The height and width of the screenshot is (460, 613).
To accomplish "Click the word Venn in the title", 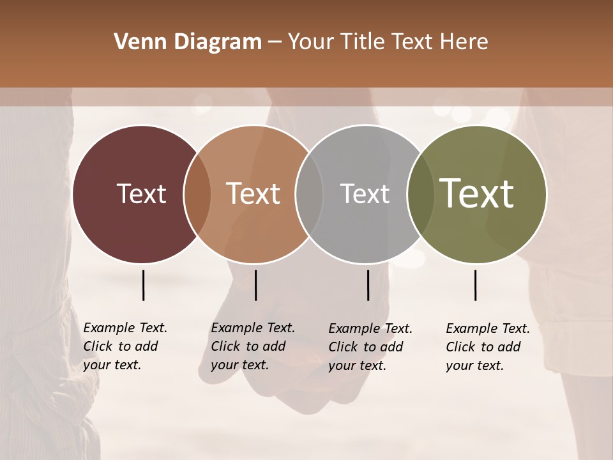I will tap(134, 42).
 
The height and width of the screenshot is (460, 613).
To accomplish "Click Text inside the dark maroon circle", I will tap(141, 194).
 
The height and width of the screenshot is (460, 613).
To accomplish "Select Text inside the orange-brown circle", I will tap(253, 194).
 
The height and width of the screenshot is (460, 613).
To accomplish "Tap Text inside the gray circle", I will tap(365, 194).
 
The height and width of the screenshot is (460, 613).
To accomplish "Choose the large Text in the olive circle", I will tap(476, 194).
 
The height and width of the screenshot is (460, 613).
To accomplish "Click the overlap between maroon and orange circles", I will tap(197, 194).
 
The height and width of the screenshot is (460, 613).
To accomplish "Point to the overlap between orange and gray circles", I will tap(309, 194).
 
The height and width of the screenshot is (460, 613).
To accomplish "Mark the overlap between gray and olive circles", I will tap(419, 194).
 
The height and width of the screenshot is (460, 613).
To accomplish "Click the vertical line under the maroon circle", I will tap(143, 285).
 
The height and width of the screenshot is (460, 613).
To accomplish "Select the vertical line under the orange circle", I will tap(255, 285).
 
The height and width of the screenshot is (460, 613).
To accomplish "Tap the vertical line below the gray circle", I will tap(368, 285).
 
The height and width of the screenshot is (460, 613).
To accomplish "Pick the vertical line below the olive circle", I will tap(475, 285).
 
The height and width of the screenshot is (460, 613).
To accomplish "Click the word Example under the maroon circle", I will tap(105, 328).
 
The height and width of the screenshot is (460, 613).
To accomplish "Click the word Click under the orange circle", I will tap(225, 346).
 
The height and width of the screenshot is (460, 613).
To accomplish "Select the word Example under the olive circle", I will tap(468, 328).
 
